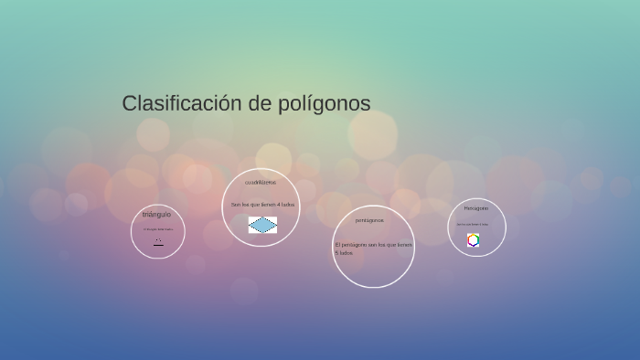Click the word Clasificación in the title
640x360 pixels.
(x=181, y=103)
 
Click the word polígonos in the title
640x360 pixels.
(x=325, y=104)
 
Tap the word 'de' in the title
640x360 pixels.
(x=260, y=103)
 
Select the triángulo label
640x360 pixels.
(x=156, y=214)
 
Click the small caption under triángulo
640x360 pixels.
(x=157, y=229)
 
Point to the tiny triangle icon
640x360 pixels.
(x=158, y=242)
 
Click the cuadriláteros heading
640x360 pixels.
(x=261, y=183)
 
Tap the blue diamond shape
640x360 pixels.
(x=262, y=225)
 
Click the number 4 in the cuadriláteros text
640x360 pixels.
(x=278, y=205)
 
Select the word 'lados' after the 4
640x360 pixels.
(x=287, y=205)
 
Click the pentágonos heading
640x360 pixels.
(x=369, y=220)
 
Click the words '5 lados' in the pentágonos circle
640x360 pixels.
(x=344, y=253)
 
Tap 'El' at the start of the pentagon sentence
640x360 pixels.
(x=337, y=245)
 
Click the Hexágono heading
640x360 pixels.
(x=475, y=208)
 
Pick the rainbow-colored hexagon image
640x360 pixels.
(x=474, y=240)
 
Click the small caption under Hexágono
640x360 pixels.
(x=473, y=224)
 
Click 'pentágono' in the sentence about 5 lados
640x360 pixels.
(x=354, y=245)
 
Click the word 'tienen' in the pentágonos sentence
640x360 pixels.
(x=405, y=245)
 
